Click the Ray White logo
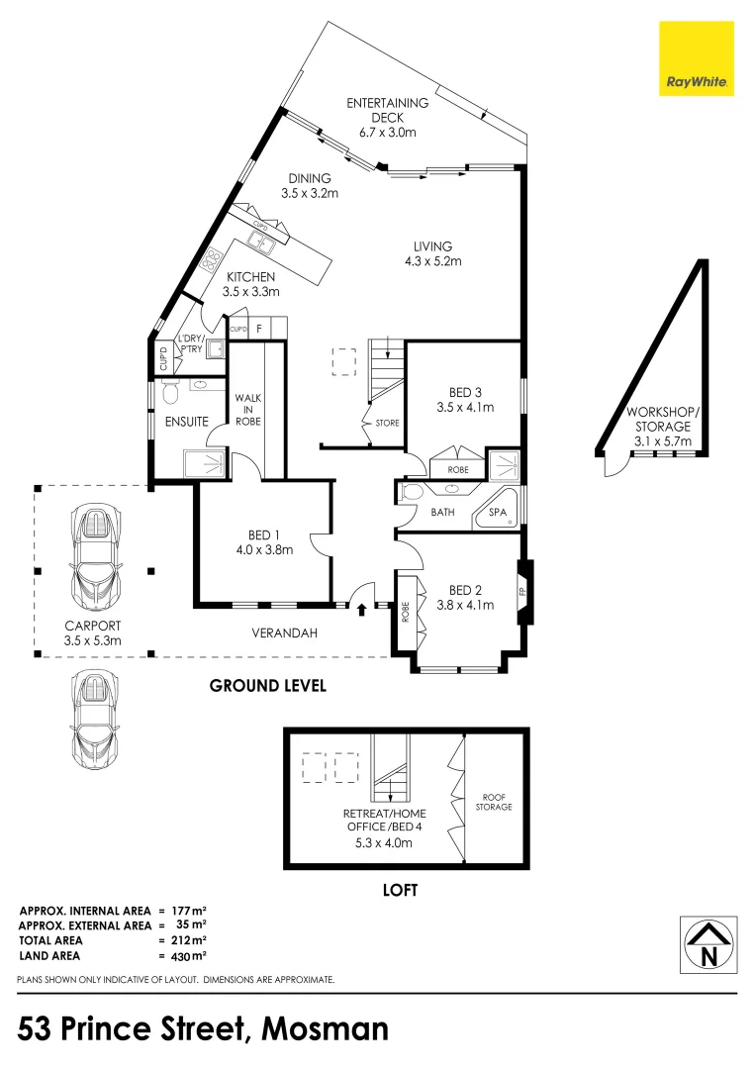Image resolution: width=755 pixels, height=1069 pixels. tap(697, 58)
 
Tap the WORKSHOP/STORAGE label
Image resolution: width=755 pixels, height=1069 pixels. tap(662, 419)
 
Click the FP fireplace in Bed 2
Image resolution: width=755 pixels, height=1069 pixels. tap(523, 592)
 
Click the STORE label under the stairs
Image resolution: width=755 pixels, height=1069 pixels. tap(387, 424)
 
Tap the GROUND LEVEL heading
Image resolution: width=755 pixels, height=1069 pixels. tap(267, 685)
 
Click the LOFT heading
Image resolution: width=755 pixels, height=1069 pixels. tap(400, 890)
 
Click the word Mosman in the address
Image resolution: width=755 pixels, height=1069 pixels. tap(326, 1028)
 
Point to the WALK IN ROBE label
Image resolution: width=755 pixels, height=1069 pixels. tap(246, 410)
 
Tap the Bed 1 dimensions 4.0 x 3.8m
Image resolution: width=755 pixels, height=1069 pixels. tap(264, 549)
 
